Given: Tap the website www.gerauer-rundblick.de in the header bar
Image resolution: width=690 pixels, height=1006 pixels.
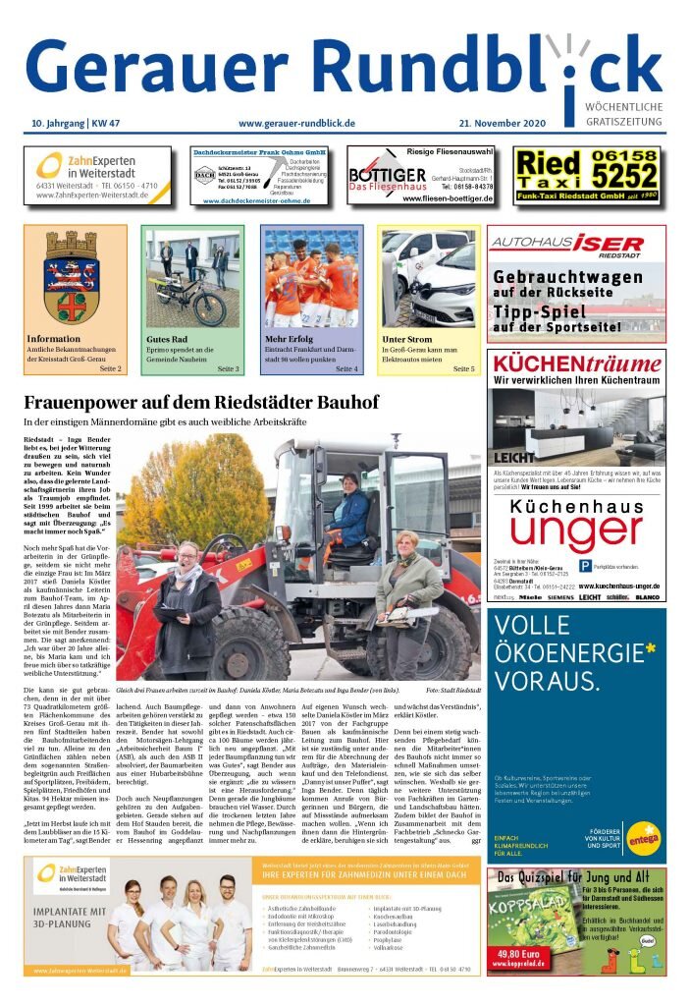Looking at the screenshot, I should click(295, 123).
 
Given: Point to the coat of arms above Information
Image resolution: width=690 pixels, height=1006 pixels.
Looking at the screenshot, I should click(70, 278).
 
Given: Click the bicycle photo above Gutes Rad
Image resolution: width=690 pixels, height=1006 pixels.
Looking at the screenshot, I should click(191, 278).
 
